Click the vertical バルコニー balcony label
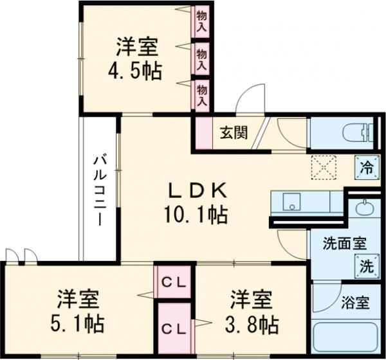(99, 190)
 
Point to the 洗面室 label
(345, 244)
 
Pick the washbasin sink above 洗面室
(364, 210)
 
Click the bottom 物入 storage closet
(201, 94)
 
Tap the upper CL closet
(174, 282)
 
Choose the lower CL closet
(174, 327)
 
